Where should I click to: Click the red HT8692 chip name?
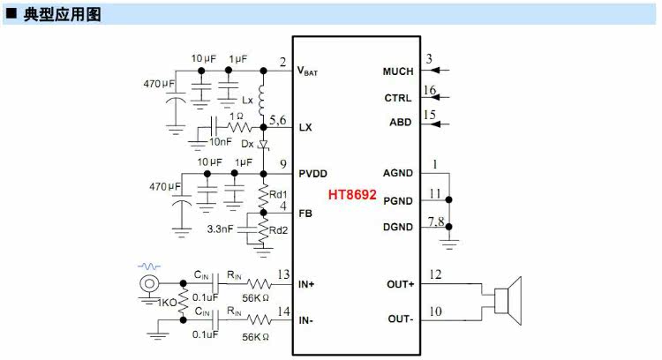352,195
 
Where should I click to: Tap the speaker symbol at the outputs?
508,301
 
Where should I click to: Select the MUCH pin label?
398,71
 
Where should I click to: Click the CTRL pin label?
398,98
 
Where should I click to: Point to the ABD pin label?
400,123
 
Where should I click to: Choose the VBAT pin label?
307,71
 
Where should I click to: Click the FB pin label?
305,214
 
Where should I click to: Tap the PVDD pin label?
312,174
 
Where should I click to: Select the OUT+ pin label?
400,284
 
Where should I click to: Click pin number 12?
435,274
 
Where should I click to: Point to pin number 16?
429,90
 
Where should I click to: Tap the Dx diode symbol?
263,145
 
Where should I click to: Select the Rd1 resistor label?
278,195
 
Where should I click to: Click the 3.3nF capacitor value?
220,229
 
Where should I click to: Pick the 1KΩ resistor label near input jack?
167,303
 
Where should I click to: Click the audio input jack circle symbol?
149,283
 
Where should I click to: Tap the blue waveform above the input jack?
149,266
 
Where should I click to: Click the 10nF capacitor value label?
221,142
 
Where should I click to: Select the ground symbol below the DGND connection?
448,244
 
